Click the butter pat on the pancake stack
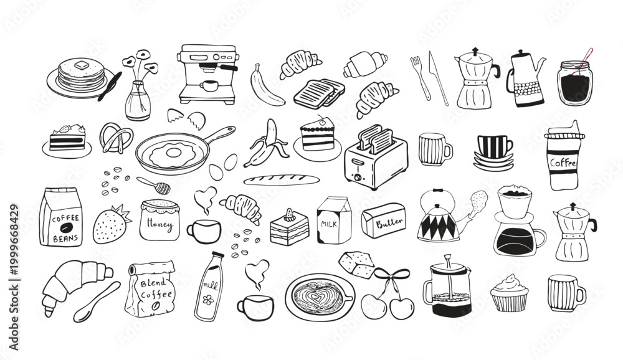click(82, 65)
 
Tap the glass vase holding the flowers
click(138, 101)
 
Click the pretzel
click(116, 138)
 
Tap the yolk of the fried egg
click(174, 152)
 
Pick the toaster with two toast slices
click(376, 158)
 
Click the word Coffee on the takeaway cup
click(563, 163)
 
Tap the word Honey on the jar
click(159, 224)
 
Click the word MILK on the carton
click(328, 224)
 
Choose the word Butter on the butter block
click(389, 222)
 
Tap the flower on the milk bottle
click(208, 299)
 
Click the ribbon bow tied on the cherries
click(392, 276)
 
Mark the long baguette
click(282, 180)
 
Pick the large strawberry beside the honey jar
click(112, 224)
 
